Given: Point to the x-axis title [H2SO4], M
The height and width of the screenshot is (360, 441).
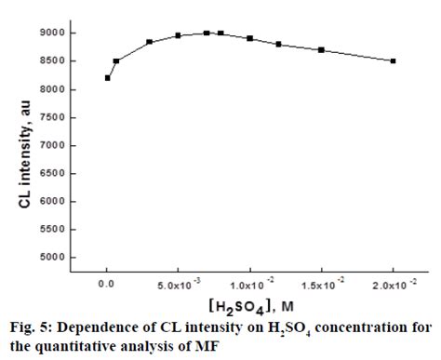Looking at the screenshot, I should (249, 304).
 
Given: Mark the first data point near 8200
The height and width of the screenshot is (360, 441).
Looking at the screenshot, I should (107, 77).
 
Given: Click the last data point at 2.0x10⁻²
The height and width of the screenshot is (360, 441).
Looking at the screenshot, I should (394, 60).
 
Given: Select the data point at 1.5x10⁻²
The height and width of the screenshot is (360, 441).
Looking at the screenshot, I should (321, 49).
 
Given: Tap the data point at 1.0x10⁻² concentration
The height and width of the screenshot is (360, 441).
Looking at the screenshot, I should (249, 38).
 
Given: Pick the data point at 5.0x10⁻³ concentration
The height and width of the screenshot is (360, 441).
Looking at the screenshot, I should (178, 35).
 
